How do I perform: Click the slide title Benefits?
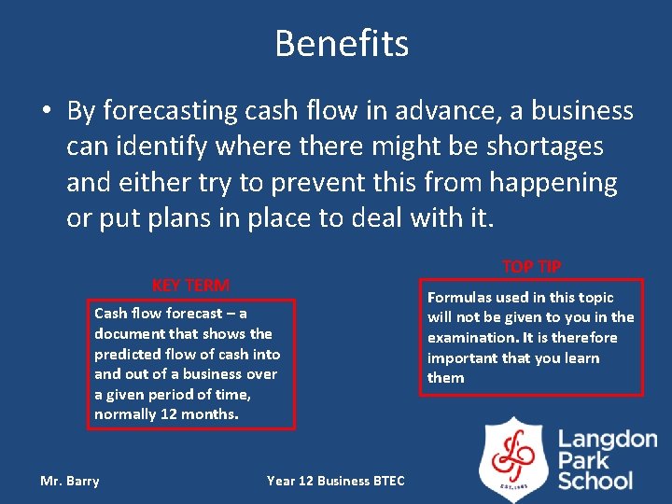[x=342, y=43]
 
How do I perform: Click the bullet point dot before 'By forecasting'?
[x=46, y=112]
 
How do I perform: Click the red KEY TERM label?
[x=190, y=286]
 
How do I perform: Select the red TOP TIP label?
[x=531, y=266]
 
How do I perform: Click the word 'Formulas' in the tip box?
[x=459, y=298]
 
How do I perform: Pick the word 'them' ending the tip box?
[x=445, y=378]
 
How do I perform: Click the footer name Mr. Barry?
[x=70, y=481]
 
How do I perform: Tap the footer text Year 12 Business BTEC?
[x=336, y=481]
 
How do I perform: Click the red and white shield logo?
[x=512, y=458]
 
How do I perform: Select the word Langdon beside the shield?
[x=608, y=439]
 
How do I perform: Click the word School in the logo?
[x=595, y=481]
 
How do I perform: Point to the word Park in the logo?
[x=584, y=460]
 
